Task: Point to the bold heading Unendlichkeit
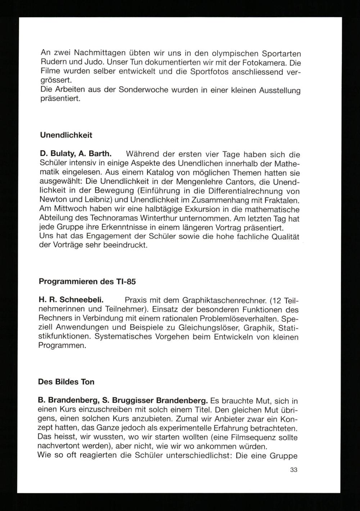click(x=66, y=135)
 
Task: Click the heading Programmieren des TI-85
click(x=87, y=282)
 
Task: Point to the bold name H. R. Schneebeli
click(x=71, y=299)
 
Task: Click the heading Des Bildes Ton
click(x=66, y=382)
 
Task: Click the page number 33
click(x=293, y=470)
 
